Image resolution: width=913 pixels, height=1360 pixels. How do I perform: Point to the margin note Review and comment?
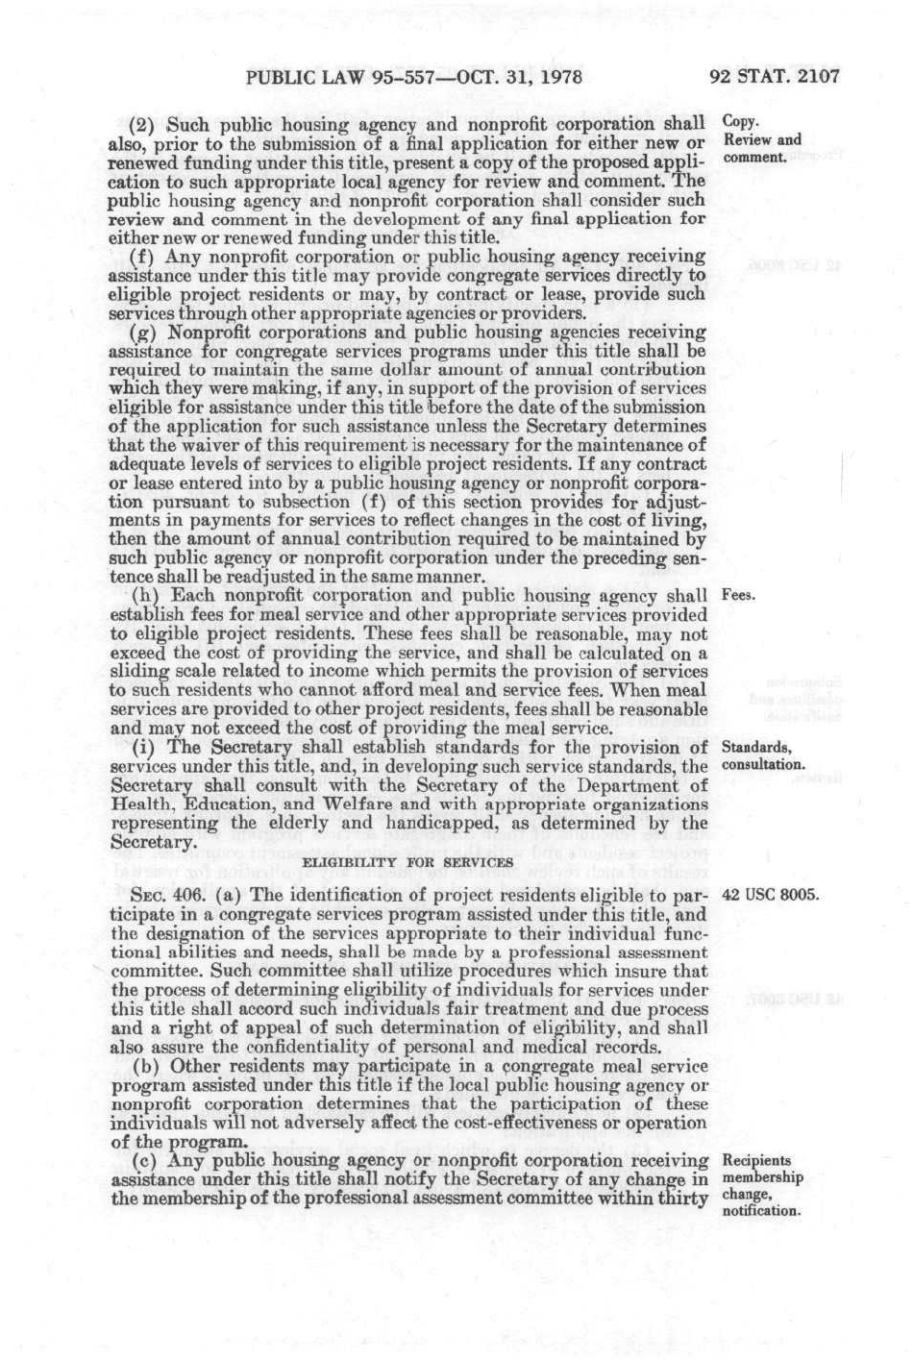761,148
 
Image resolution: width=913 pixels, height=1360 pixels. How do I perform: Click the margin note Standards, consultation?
763,755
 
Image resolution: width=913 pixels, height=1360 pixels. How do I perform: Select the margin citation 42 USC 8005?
770,895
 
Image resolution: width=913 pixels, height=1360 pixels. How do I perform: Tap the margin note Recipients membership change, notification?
761,1185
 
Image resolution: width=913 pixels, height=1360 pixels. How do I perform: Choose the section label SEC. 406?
160,895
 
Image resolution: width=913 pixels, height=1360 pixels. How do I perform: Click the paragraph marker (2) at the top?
142,124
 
